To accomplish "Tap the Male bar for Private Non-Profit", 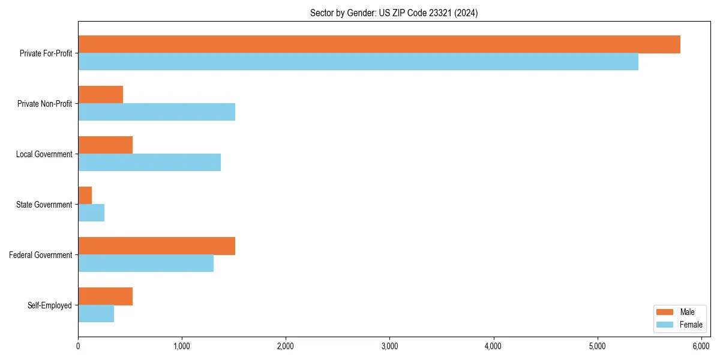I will (x=101, y=95).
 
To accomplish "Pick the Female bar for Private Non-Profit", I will (x=157, y=112).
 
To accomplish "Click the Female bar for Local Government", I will (x=149, y=163).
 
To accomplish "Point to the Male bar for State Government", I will (x=85, y=196).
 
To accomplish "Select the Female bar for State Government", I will (x=91, y=213).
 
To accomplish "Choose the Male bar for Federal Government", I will (x=157, y=246).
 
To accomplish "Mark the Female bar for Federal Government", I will (x=146, y=263).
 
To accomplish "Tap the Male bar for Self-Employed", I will (x=106, y=296).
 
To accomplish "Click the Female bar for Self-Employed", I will (x=96, y=314).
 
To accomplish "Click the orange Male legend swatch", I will (x=665, y=312).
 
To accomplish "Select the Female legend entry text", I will (x=691, y=325).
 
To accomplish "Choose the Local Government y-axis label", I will (x=44, y=154).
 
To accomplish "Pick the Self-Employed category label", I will (x=50, y=305).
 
